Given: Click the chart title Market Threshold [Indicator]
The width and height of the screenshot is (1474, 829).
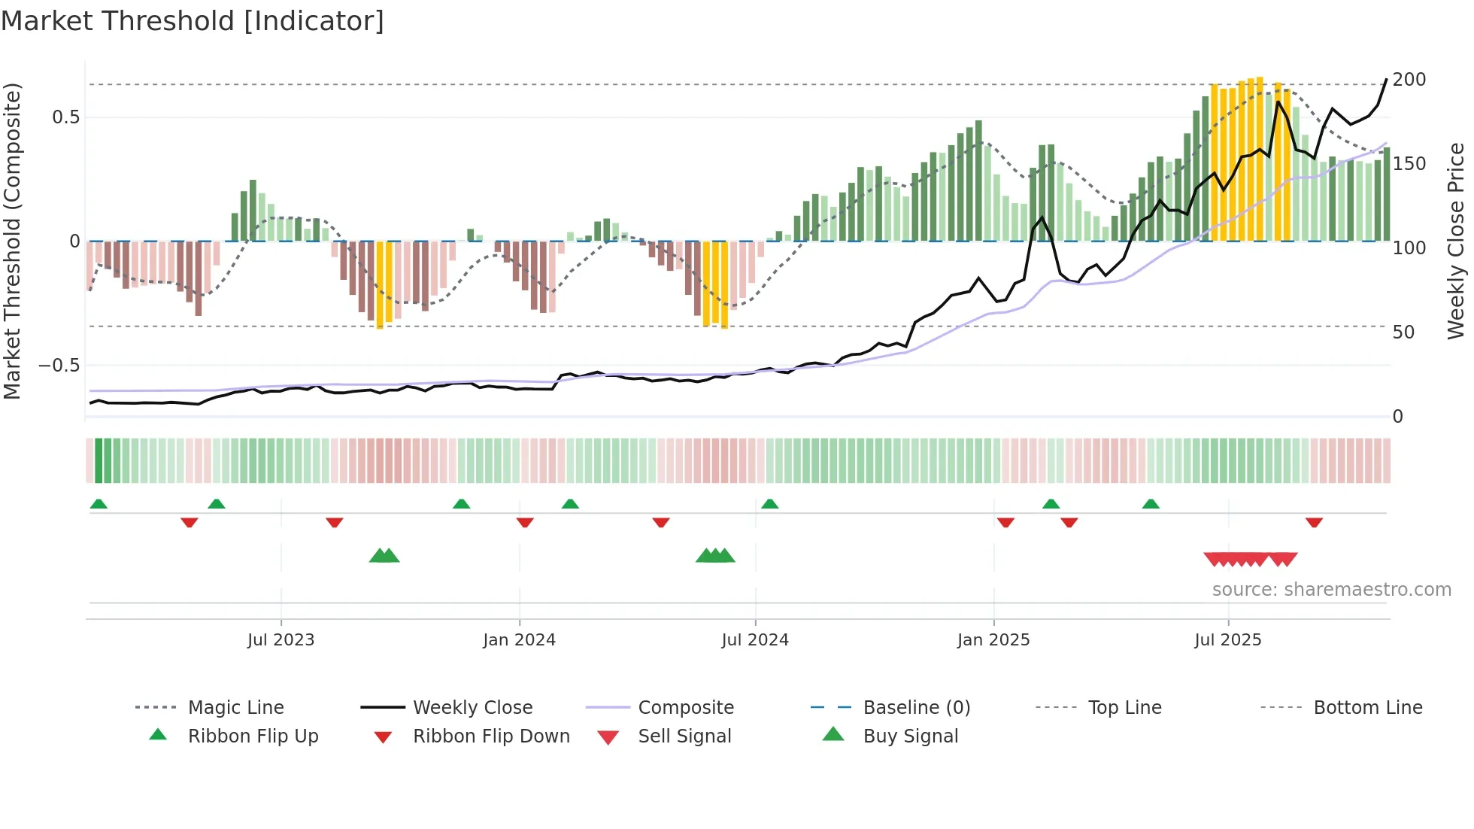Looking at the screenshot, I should pos(193,21).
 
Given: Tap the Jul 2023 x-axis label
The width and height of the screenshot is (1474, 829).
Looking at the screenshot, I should pos(281,640).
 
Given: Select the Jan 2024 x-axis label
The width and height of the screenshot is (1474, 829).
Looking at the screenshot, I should pos(519,640).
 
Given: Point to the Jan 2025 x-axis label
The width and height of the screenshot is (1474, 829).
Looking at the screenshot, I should pos(993,640).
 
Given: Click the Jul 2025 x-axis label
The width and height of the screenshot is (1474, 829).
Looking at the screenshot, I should pos(1227,640).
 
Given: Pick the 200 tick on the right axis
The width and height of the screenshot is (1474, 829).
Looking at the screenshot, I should pos(1409,80).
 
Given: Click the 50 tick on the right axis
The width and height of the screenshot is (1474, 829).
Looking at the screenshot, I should pos(1403,333).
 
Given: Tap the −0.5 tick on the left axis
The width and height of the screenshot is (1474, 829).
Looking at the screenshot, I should pos(59,366).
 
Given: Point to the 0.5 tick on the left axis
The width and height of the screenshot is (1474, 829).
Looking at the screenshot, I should pos(65,117).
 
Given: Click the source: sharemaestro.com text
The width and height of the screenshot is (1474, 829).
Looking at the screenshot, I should pos(1331,590).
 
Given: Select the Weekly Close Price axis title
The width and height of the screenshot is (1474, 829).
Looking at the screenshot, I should pos(1456,241).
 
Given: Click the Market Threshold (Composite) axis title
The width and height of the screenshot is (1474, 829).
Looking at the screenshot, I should pos(12,241).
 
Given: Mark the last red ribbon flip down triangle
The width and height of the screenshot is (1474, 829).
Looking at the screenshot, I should pos(1314,522).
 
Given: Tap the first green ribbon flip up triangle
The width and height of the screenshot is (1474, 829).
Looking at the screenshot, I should pos(99,504).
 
